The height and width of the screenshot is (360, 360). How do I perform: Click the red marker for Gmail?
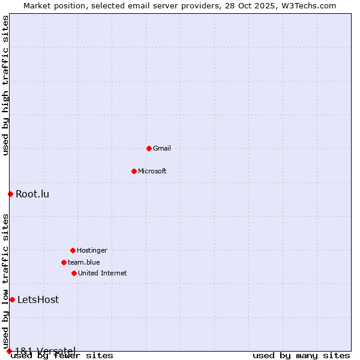click(149, 148)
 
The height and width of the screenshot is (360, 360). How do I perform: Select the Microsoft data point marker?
click(134, 171)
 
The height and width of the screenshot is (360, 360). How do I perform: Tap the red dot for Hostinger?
click(73, 250)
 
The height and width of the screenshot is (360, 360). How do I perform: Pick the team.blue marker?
click(64, 262)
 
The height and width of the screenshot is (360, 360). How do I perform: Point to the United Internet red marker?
click(74, 273)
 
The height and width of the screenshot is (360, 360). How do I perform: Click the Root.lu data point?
click(10, 194)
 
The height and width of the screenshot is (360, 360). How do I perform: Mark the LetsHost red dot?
click(12, 299)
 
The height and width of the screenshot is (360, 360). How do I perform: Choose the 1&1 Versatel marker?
click(9, 351)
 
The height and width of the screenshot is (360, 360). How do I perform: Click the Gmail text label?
click(162, 148)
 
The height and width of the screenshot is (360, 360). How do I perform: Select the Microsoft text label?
click(152, 171)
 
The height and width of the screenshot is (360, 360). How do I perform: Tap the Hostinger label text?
click(92, 250)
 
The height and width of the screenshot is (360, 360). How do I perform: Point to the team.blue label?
click(84, 262)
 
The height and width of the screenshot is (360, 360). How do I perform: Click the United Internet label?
click(103, 273)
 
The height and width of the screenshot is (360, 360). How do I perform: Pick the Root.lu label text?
click(32, 194)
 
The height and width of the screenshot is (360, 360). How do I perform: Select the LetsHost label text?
click(38, 299)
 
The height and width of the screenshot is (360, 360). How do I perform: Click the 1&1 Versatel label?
click(45, 350)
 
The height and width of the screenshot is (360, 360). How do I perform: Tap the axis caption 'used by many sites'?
click(301, 355)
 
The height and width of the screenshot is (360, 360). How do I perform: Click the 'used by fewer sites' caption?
click(62, 356)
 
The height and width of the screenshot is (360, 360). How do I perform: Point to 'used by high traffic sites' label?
click(5, 86)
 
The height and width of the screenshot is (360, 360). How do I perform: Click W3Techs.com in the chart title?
click(306, 5)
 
